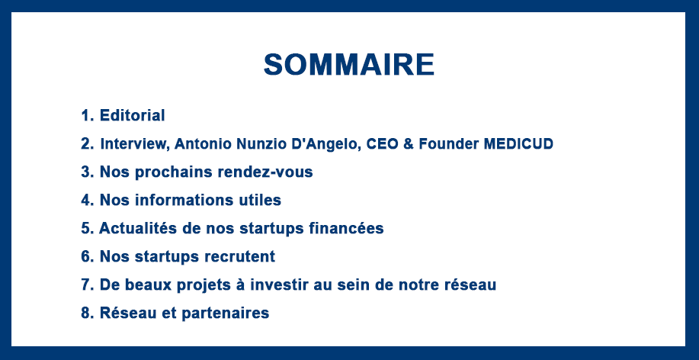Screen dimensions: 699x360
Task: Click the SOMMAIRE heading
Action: click(x=349, y=65)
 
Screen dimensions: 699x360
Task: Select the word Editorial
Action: click(x=132, y=115)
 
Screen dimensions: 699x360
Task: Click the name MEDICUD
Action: click(x=518, y=144)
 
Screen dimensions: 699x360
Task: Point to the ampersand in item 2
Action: click(x=409, y=144)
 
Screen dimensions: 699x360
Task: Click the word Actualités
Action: click(x=138, y=228)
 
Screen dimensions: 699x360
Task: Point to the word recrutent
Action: click(x=239, y=256)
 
